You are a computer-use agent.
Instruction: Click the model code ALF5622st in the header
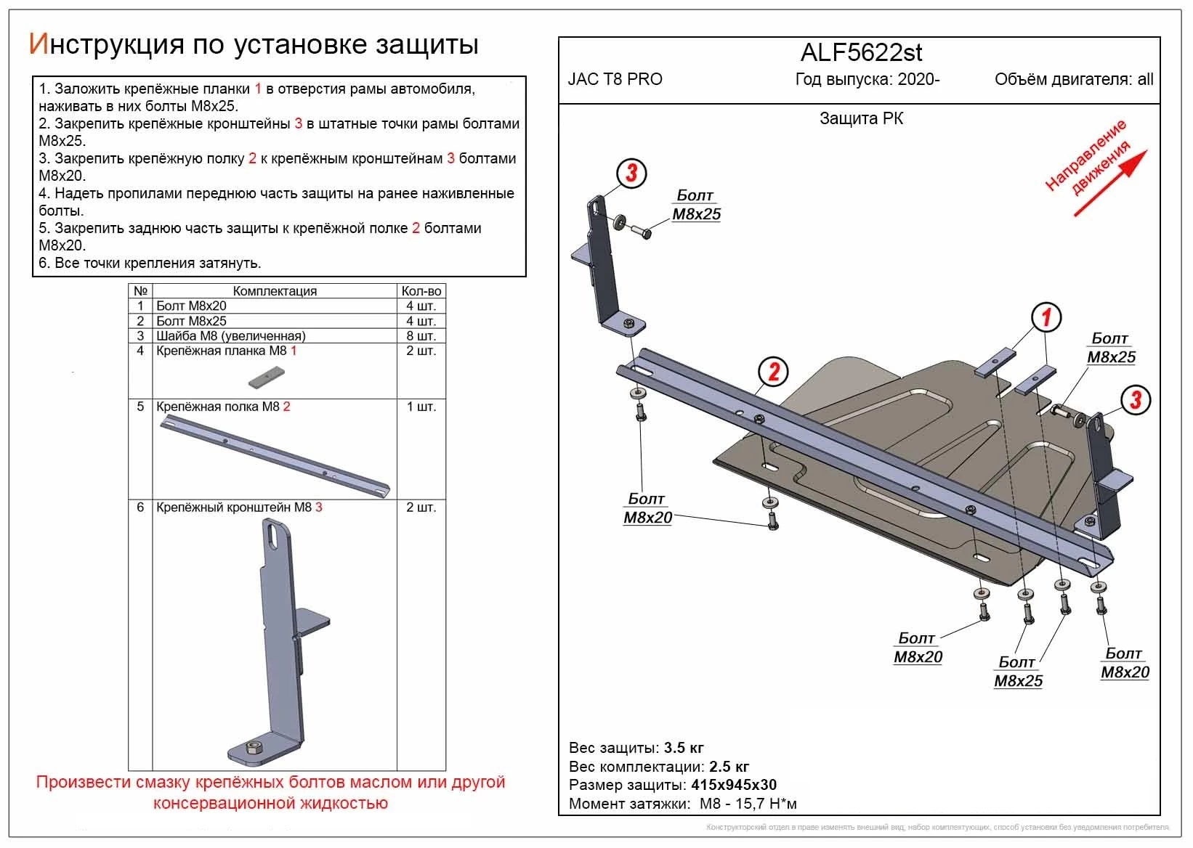click(x=861, y=52)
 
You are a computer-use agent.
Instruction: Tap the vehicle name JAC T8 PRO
click(x=615, y=79)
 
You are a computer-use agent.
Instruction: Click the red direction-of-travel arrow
click(x=1110, y=183)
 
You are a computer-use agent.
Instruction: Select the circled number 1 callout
click(x=1046, y=317)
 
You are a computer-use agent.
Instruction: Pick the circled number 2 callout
click(x=773, y=372)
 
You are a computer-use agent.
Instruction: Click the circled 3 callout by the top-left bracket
click(x=631, y=173)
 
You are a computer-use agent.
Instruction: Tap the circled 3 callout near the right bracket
click(x=1136, y=399)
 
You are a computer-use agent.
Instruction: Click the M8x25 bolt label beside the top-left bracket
click(x=696, y=213)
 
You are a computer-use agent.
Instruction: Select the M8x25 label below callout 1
click(x=1111, y=356)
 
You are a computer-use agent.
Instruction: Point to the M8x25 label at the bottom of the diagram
click(x=1018, y=680)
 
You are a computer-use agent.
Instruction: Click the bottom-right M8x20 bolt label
click(x=1125, y=672)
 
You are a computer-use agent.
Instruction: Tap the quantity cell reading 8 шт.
click(x=421, y=336)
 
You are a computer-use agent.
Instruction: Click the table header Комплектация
click(x=275, y=291)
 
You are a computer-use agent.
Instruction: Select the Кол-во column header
click(x=421, y=291)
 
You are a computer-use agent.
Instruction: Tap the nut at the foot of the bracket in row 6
click(x=255, y=747)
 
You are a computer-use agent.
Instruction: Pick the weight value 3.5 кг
click(x=684, y=748)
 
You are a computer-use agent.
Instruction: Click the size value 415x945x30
click(x=733, y=785)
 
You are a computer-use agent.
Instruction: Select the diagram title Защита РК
click(x=861, y=118)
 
